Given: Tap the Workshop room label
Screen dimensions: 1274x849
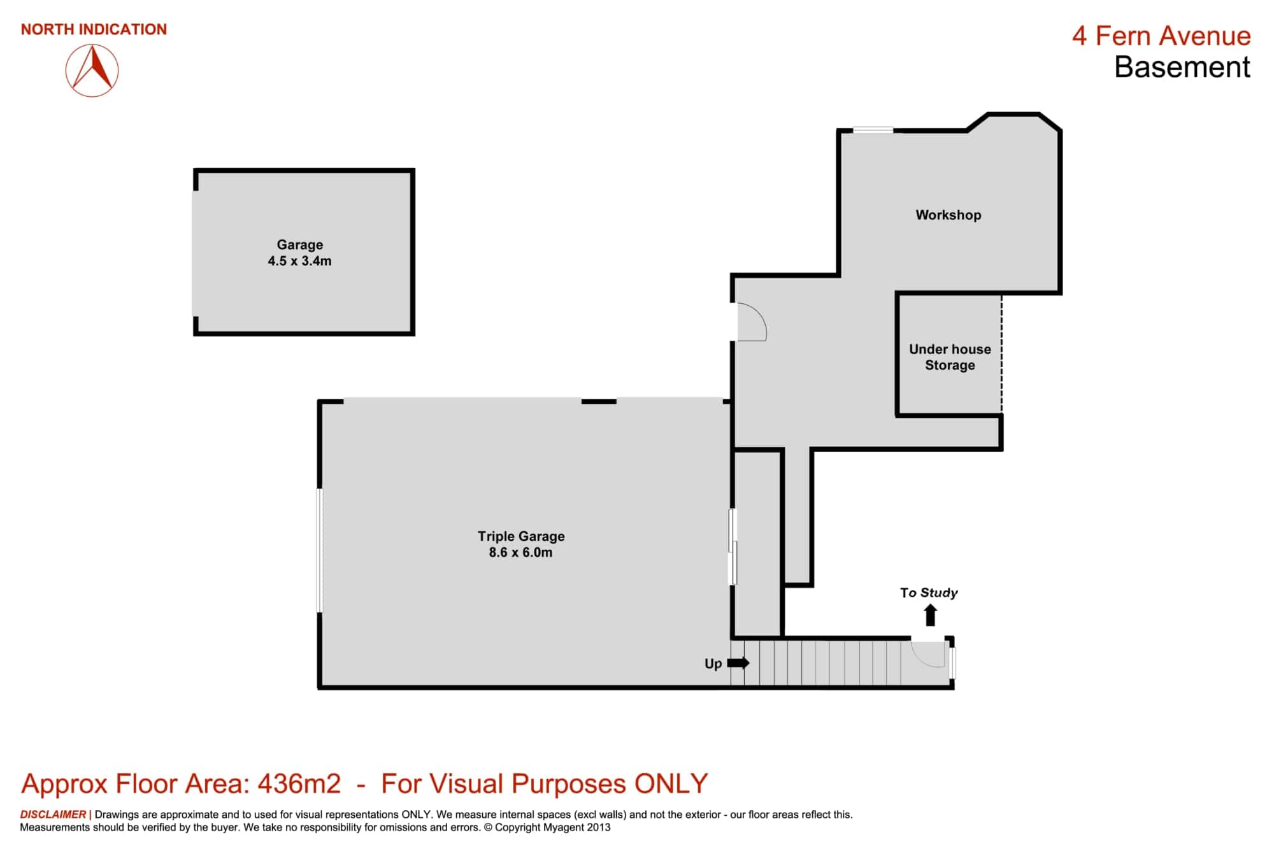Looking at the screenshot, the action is (x=948, y=215).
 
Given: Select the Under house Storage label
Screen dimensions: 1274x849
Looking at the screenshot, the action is (x=950, y=357).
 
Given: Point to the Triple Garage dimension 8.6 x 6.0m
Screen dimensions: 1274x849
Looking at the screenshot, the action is (x=520, y=552).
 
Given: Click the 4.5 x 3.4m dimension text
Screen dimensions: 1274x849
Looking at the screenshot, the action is (x=299, y=260).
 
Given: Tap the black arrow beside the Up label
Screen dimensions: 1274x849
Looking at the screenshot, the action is (x=738, y=663).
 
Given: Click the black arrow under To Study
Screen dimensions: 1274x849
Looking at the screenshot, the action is (x=930, y=615).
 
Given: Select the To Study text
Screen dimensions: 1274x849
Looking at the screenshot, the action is (x=929, y=593).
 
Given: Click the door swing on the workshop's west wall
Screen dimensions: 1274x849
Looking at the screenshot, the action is (x=752, y=322).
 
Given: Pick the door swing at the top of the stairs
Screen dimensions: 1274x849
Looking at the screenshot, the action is (x=927, y=654).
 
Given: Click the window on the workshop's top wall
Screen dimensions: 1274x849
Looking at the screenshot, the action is (x=873, y=130).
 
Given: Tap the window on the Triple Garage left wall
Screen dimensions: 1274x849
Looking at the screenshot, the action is (x=320, y=550).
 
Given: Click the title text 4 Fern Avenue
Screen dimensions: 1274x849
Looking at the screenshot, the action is (x=1161, y=36).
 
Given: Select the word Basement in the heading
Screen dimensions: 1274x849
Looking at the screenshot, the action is (x=1182, y=68).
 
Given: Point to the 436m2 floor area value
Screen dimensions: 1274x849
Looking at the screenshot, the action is (x=299, y=783).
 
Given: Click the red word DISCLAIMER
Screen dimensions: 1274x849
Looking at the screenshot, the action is (x=53, y=814).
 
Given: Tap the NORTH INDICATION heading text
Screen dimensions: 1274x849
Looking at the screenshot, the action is (x=94, y=29).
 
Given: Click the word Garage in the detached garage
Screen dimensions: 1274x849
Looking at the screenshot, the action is (x=299, y=245).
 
